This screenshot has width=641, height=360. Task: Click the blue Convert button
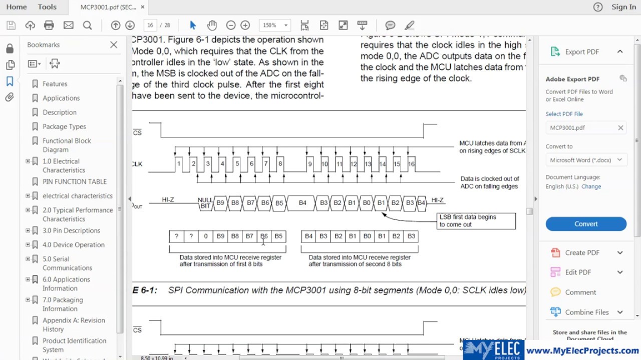tap(586, 224)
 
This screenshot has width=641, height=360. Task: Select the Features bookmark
tap(55, 84)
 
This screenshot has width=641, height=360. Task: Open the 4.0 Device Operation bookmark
tap(73, 245)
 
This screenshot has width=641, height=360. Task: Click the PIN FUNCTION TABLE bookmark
tap(74, 181)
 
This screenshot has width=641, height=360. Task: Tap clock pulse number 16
tap(411, 164)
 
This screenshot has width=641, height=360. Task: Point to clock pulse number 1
tap(179, 164)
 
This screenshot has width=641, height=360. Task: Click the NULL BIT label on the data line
tap(205, 202)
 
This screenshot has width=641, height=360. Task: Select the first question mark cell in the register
tap(176, 236)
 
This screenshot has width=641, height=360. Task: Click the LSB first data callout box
tap(476, 220)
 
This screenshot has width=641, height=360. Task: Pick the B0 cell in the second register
tap(367, 236)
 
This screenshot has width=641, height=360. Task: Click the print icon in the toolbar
tap(49, 25)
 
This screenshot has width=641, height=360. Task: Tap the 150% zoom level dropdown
tap(274, 25)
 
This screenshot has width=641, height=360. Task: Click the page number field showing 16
tap(150, 25)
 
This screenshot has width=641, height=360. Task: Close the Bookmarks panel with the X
tap(114, 45)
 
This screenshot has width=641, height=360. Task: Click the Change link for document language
tap(591, 186)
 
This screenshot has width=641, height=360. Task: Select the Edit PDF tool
tap(578, 272)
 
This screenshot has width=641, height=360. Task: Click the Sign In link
tap(623, 7)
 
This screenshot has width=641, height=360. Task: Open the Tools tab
tap(47, 7)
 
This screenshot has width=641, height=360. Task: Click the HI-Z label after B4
tap(437, 200)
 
